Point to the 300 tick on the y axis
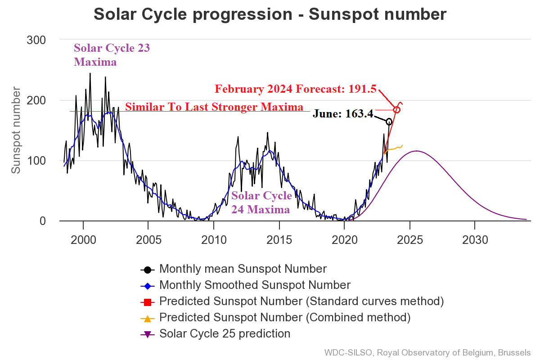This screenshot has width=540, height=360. [36, 40]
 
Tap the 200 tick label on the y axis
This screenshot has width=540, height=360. [36, 100]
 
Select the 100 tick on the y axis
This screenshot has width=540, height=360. [36, 161]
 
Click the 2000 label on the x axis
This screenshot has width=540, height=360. [83, 240]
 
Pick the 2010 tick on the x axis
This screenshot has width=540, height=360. [214, 240]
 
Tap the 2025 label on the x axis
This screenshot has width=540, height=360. [410, 240]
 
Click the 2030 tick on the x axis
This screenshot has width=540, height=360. [475, 240]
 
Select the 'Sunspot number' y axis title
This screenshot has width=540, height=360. [16, 130]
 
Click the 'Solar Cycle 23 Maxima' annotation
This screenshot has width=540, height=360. [112, 54]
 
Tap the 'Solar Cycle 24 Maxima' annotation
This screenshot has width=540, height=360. [261, 202]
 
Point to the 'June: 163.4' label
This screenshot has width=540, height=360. [343, 114]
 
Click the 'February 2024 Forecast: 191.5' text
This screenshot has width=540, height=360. [295, 89]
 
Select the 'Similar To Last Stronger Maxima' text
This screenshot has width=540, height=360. [214, 107]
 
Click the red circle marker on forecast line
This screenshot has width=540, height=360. [396, 110]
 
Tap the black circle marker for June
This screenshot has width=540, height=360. [389, 121]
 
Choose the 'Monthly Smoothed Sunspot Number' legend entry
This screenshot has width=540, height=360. [255, 285]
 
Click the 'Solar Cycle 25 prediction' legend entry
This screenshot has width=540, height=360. [225, 334]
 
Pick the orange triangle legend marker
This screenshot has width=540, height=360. [147, 318]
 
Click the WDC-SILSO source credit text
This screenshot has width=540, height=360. [427, 352]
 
